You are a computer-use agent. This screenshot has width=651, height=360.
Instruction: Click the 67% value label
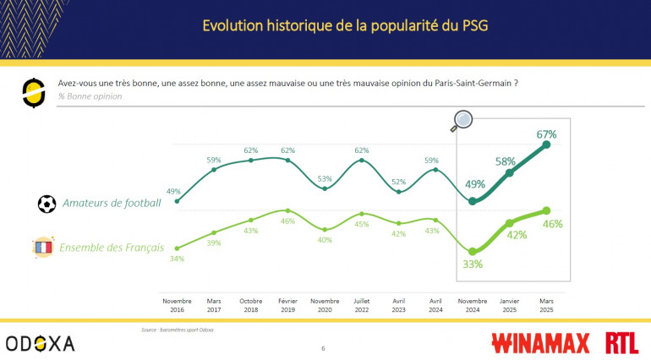(x=545, y=134)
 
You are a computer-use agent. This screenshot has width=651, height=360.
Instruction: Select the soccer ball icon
(x=47, y=204)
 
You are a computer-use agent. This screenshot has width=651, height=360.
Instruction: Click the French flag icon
(x=42, y=247)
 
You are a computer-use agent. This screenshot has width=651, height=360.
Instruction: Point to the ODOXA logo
(x=40, y=342)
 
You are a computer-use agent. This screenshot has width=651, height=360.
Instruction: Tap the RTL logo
(x=623, y=342)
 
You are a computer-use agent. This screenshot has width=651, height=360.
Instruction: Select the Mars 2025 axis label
(x=545, y=305)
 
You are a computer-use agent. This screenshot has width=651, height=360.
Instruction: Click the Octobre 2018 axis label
(x=251, y=305)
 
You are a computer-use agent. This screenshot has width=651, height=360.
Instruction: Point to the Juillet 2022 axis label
(x=361, y=305)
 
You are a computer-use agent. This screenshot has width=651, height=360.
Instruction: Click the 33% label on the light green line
(x=472, y=264)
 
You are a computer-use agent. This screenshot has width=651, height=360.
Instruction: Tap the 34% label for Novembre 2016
(x=177, y=259)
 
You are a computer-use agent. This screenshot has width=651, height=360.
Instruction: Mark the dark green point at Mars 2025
(x=546, y=145)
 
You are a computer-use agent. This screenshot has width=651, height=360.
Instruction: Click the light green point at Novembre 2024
(x=473, y=251)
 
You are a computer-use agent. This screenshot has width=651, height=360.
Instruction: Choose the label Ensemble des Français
(x=112, y=248)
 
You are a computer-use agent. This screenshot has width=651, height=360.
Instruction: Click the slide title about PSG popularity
(x=344, y=25)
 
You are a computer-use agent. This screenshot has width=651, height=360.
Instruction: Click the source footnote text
(x=177, y=330)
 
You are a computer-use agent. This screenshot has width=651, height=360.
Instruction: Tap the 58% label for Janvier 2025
(x=506, y=161)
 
